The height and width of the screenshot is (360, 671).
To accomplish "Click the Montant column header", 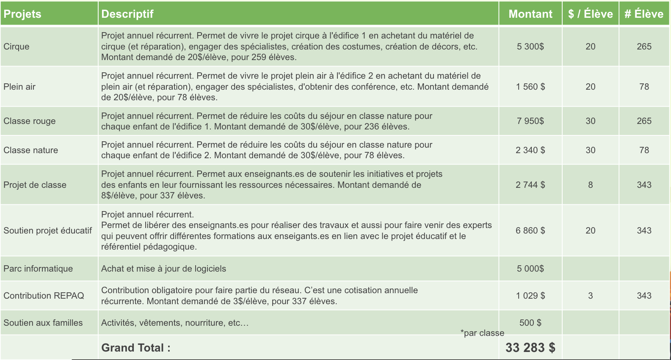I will (x=530, y=14).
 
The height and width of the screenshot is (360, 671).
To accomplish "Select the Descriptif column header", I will (x=127, y=14).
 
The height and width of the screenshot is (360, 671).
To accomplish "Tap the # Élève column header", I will (x=643, y=14).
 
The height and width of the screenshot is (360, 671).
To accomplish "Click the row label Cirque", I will (x=17, y=47).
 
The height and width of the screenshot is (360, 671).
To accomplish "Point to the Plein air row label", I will (x=19, y=87).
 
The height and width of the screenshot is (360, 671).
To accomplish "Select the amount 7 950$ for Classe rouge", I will (x=530, y=121).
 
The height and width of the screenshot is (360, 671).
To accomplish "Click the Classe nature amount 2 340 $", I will (x=530, y=150).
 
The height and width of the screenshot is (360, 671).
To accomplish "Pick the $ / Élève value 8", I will (x=590, y=185).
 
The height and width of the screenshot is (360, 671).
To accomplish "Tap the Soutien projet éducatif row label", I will (x=47, y=231).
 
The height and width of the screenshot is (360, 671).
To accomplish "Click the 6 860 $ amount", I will (x=530, y=231).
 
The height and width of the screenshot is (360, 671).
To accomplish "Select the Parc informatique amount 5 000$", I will (x=530, y=269).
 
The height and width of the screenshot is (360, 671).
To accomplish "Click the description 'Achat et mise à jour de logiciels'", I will (x=163, y=269).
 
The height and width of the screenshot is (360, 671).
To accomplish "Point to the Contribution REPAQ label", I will (x=44, y=296).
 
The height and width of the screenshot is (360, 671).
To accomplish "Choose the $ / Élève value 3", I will (x=590, y=296).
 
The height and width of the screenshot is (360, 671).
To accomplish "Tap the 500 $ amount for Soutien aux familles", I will (x=530, y=323).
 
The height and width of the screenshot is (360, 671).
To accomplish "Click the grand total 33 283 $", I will (x=530, y=348).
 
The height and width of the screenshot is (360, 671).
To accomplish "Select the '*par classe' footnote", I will (x=482, y=333).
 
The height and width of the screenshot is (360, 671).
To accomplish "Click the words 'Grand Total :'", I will (x=135, y=348).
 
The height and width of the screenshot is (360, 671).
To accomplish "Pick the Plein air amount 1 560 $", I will (x=530, y=87).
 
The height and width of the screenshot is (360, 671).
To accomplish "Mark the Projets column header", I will (x=22, y=14).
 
